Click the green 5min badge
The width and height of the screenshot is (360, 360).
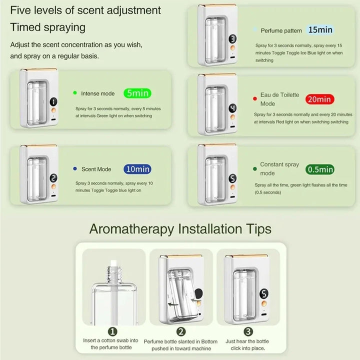[x=137, y=93]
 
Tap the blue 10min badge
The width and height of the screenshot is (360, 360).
[x=137, y=169]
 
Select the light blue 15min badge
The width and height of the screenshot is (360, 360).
[x=320, y=30]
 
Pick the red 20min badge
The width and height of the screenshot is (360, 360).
[x=319, y=99]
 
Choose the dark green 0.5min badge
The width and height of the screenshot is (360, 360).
[x=320, y=169]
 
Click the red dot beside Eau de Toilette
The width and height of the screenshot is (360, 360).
[x=254, y=98]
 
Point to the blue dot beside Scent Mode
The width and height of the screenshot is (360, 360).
[x=75, y=169]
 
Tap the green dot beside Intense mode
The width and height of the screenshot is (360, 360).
[x=75, y=93]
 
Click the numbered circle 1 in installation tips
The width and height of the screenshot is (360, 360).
[x=112, y=331]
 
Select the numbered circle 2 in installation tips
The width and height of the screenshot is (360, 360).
[x=181, y=331]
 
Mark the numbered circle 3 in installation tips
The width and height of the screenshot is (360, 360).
[x=248, y=331]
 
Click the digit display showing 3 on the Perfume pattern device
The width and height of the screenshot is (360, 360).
[x=232, y=39]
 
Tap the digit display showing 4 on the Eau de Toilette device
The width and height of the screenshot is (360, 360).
[x=232, y=108]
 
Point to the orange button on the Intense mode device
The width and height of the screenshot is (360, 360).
[x=53, y=110]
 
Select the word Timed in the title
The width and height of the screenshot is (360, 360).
[x=25, y=27]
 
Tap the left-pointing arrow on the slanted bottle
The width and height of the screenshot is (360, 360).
[x=173, y=304]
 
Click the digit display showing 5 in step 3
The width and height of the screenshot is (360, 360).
[x=264, y=293]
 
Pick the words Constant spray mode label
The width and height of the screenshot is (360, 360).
[x=279, y=169]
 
